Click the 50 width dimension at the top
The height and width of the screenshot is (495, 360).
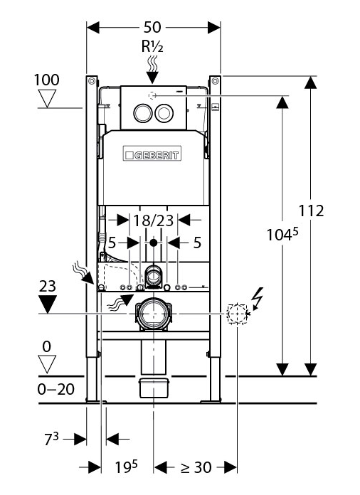coord(152,27)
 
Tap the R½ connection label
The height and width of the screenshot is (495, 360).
coord(152,46)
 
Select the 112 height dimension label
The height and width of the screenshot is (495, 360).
coord(312,211)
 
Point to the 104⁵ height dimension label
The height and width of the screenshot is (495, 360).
coord(282,235)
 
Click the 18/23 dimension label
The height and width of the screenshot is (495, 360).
coord(154,220)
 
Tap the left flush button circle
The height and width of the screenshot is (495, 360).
coord(142,113)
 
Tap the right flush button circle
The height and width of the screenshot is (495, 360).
coord(164,113)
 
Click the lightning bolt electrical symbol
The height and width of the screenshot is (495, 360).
coord(258,297)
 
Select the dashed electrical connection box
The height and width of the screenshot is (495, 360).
coord(237,314)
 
